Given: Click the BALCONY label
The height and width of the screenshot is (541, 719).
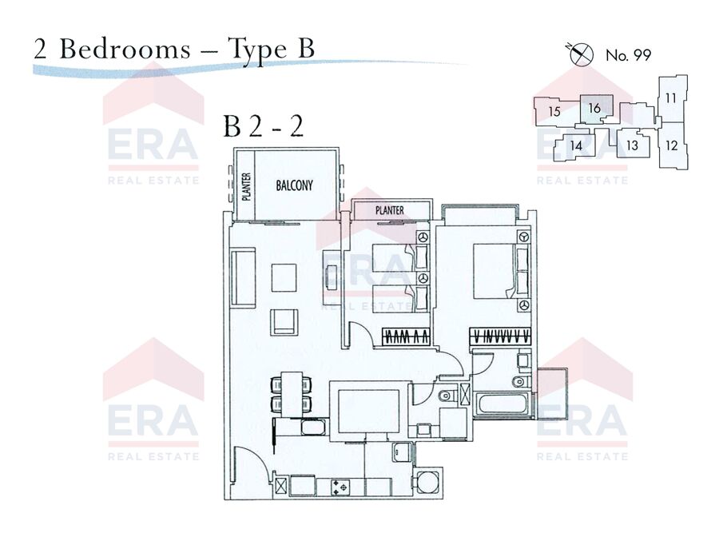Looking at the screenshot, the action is click(x=294, y=185).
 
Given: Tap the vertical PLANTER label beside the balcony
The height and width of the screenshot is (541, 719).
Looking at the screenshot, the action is click(x=246, y=187).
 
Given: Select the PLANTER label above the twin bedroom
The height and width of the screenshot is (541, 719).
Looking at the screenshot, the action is click(x=390, y=210).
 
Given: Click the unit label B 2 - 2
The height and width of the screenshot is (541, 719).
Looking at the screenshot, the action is click(x=264, y=126).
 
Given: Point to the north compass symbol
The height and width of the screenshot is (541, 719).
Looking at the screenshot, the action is click(x=581, y=54).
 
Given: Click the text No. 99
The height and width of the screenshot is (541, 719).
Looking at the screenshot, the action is click(x=628, y=55).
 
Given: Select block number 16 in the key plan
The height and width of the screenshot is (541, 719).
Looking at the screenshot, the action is click(x=594, y=109).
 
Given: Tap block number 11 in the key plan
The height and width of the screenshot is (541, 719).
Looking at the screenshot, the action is click(x=671, y=97).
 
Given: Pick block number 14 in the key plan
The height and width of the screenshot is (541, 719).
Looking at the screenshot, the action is click(x=576, y=146).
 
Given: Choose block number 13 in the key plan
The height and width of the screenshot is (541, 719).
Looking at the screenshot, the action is click(x=633, y=145).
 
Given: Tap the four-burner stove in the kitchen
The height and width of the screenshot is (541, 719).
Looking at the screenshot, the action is click(x=340, y=487).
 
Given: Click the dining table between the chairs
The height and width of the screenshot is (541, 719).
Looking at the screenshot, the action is click(x=290, y=395).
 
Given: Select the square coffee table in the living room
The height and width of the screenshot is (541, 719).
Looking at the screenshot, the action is click(x=284, y=277).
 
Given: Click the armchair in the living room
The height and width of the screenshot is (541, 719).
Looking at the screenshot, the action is click(x=284, y=322).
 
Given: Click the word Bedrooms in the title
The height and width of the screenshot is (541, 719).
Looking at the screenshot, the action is click(x=125, y=49).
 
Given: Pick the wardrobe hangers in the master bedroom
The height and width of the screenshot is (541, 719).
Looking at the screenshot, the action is click(x=500, y=336).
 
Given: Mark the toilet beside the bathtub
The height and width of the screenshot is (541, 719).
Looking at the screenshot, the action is click(x=521, y=380).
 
